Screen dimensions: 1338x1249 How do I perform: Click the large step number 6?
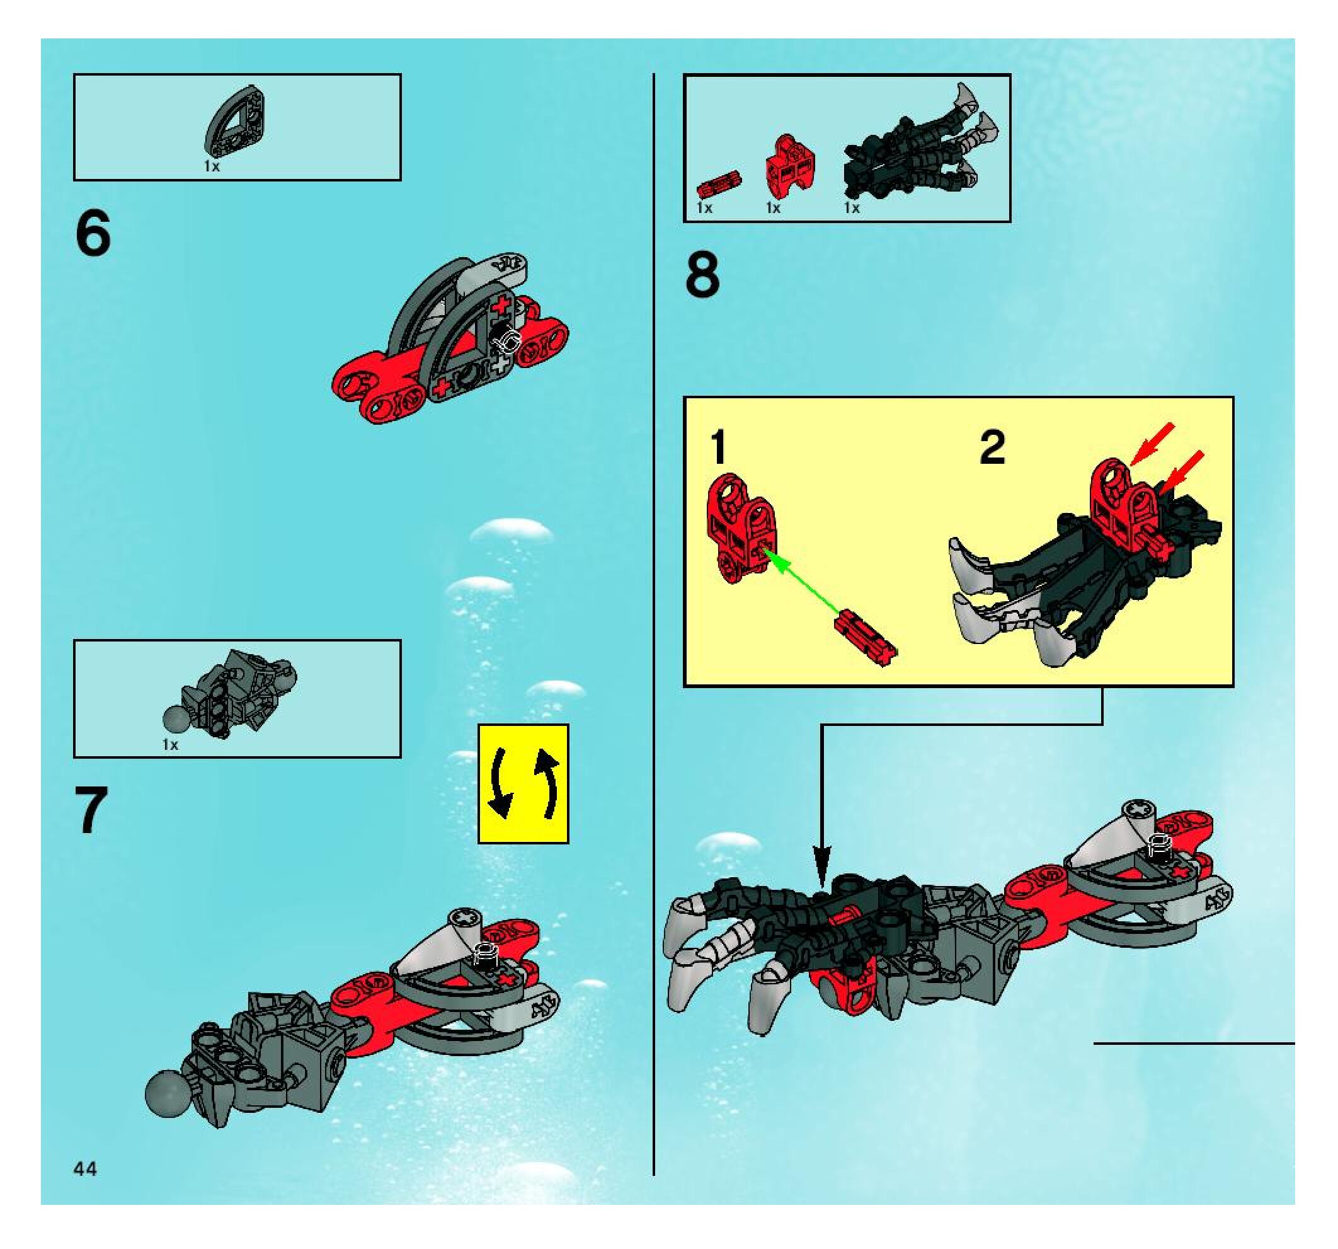click(93, 233)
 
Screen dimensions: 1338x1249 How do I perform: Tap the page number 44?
click(86, 1169)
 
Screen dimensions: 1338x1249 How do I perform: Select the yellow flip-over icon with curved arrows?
click(523, 784)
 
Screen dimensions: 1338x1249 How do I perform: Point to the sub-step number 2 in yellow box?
click(993, 447)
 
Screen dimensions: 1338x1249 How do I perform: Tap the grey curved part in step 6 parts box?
click(235, 121)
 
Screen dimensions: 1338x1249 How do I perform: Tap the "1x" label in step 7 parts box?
click(170, 745)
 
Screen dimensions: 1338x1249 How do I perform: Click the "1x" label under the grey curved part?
click(212, 166)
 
